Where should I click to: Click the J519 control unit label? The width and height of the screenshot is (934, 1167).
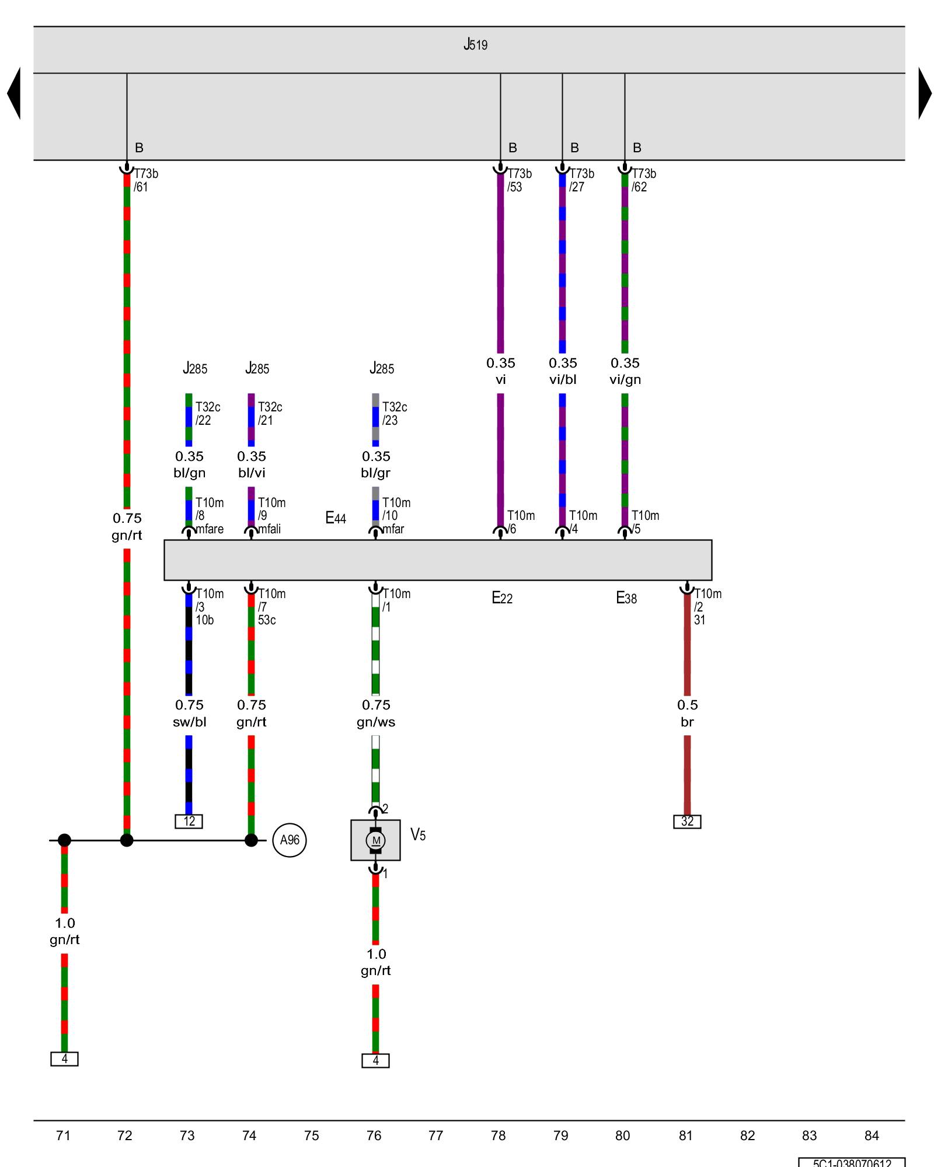click(475, 45)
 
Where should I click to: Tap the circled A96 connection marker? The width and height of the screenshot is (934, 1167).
click(290, 840)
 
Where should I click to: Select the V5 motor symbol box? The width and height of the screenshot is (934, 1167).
click(375, 840)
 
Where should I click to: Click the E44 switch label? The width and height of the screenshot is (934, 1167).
click(336, 518)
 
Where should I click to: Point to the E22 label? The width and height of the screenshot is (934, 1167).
click(502, 598)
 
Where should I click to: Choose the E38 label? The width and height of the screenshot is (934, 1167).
click(626, 598)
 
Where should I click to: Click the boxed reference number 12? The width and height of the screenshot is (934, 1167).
click(189, 822)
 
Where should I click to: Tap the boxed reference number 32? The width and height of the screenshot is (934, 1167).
click(687, 822)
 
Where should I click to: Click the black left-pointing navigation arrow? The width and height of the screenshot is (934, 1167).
click(14, 93)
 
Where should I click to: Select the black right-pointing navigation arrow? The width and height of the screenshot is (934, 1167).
click(925, 93)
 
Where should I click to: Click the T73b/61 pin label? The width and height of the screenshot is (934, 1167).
click(145, 180)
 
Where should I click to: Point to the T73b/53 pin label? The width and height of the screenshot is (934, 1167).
click(519, 180)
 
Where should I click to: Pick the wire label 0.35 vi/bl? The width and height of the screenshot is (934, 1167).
click(563, 371)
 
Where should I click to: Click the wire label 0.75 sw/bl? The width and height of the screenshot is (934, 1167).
click(189, 713)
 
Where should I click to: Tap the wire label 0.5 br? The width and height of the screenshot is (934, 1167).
click(687, 713)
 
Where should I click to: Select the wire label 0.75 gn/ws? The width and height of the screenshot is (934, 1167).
click(376, 713)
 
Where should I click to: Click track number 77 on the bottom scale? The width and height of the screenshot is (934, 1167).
click(435, 1135)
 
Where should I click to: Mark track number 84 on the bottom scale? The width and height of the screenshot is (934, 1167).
click(872, 1135)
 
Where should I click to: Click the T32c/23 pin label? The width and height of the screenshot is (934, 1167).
click(394, 414)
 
